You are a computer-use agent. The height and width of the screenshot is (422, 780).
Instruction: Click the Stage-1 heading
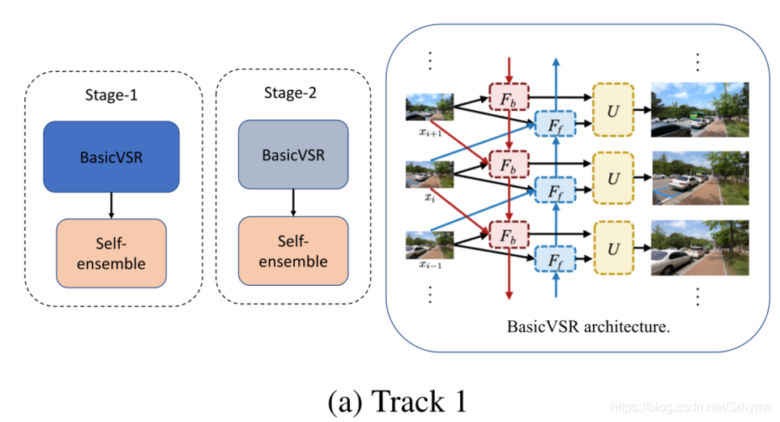point(111,95)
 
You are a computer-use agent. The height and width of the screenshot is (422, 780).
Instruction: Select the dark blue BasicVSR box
point(111,156)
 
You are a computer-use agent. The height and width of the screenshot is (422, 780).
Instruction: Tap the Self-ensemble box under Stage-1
point(111,253)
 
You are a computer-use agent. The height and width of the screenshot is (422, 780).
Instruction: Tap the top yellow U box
point(613,108)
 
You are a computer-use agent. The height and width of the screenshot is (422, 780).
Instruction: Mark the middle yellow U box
point(613,177)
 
